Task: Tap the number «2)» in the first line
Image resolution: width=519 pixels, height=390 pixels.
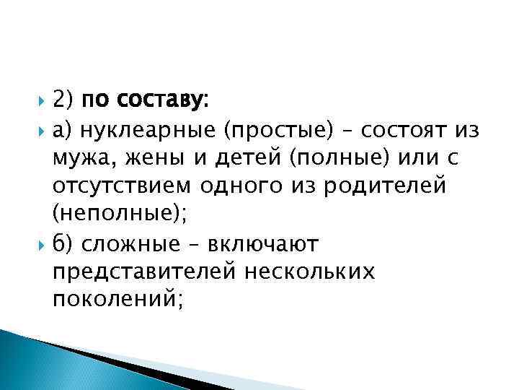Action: click(x=63, y=100)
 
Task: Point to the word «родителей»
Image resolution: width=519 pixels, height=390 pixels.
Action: click(x=386, y=186)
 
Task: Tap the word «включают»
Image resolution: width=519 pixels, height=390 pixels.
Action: click(x=262, y=243)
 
